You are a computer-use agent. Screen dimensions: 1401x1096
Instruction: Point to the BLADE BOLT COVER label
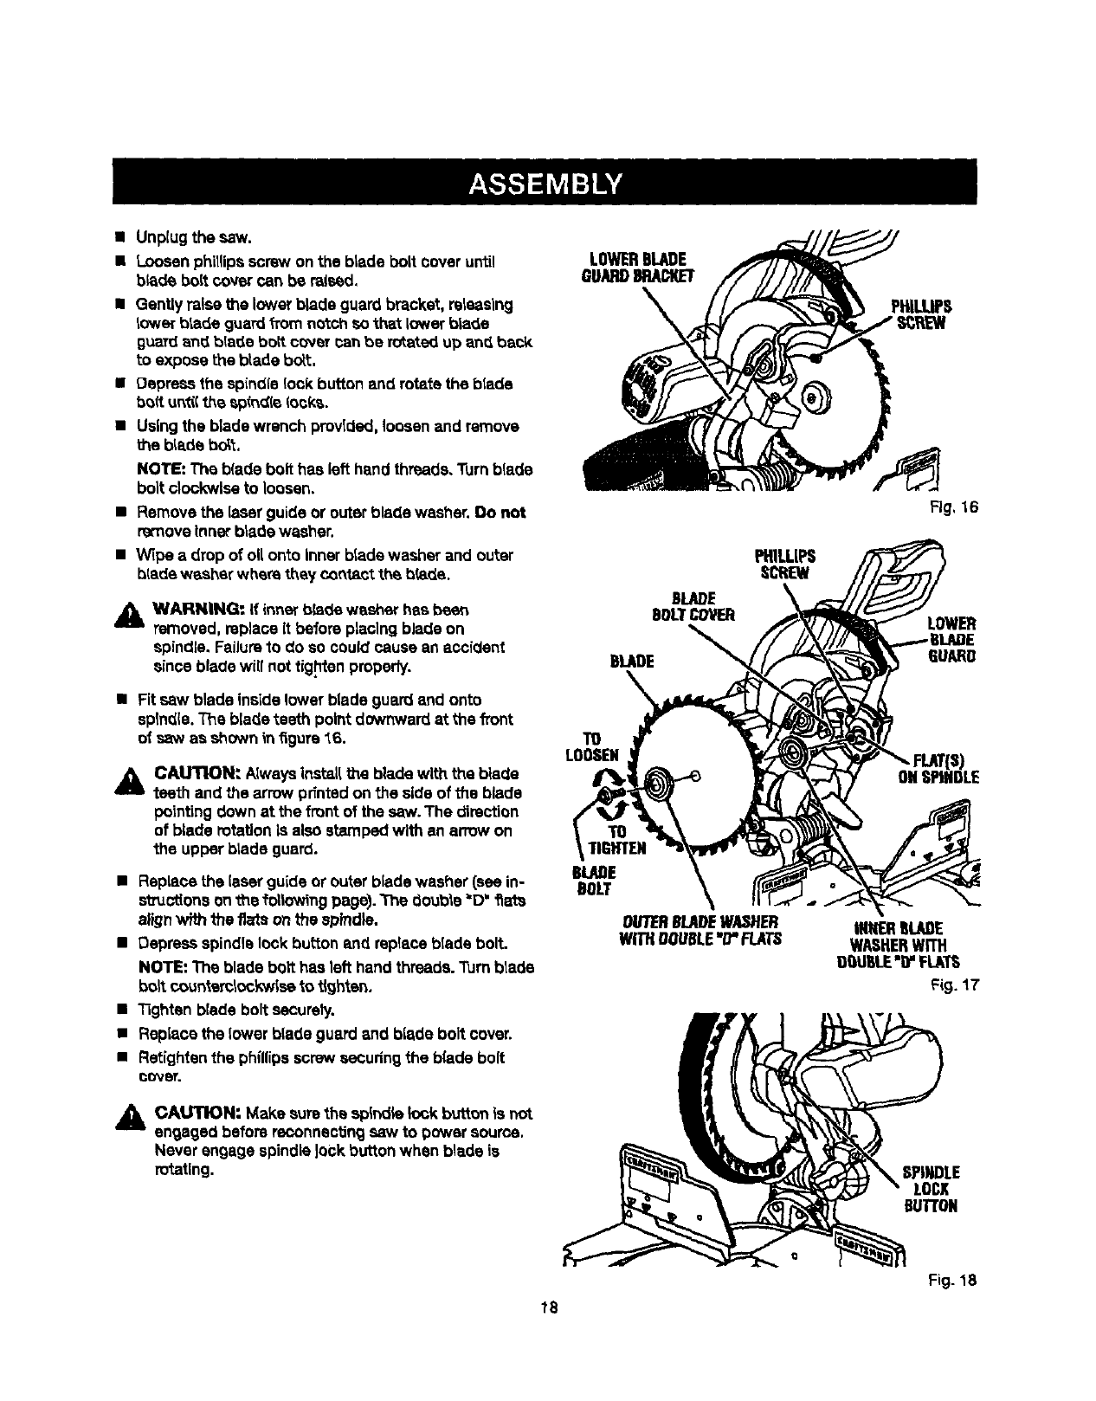click(x=695, y=606)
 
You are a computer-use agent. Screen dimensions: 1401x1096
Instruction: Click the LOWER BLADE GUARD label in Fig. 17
click(x=951, y=639)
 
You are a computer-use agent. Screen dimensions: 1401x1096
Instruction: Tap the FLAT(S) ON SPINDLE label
click(x=938, y=768)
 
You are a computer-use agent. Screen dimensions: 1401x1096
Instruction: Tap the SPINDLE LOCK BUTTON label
click(x=932, y=1191)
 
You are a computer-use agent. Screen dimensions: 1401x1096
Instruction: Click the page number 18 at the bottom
click(x=547, y=1307)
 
